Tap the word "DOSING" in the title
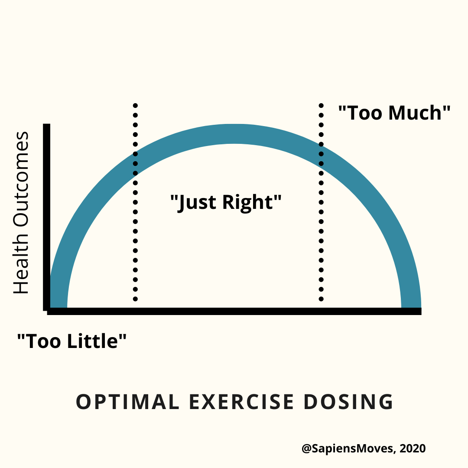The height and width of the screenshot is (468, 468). [x=348, y=402]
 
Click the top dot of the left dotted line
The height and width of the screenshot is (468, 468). [x=135, y=105]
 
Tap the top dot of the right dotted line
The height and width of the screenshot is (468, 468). [x=321, y=105]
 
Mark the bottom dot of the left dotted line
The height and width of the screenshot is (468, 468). [x=135, y=299]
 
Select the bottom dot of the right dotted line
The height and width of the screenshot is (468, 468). [x=321, y=299]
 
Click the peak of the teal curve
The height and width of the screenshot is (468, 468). [x=234, y=133]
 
